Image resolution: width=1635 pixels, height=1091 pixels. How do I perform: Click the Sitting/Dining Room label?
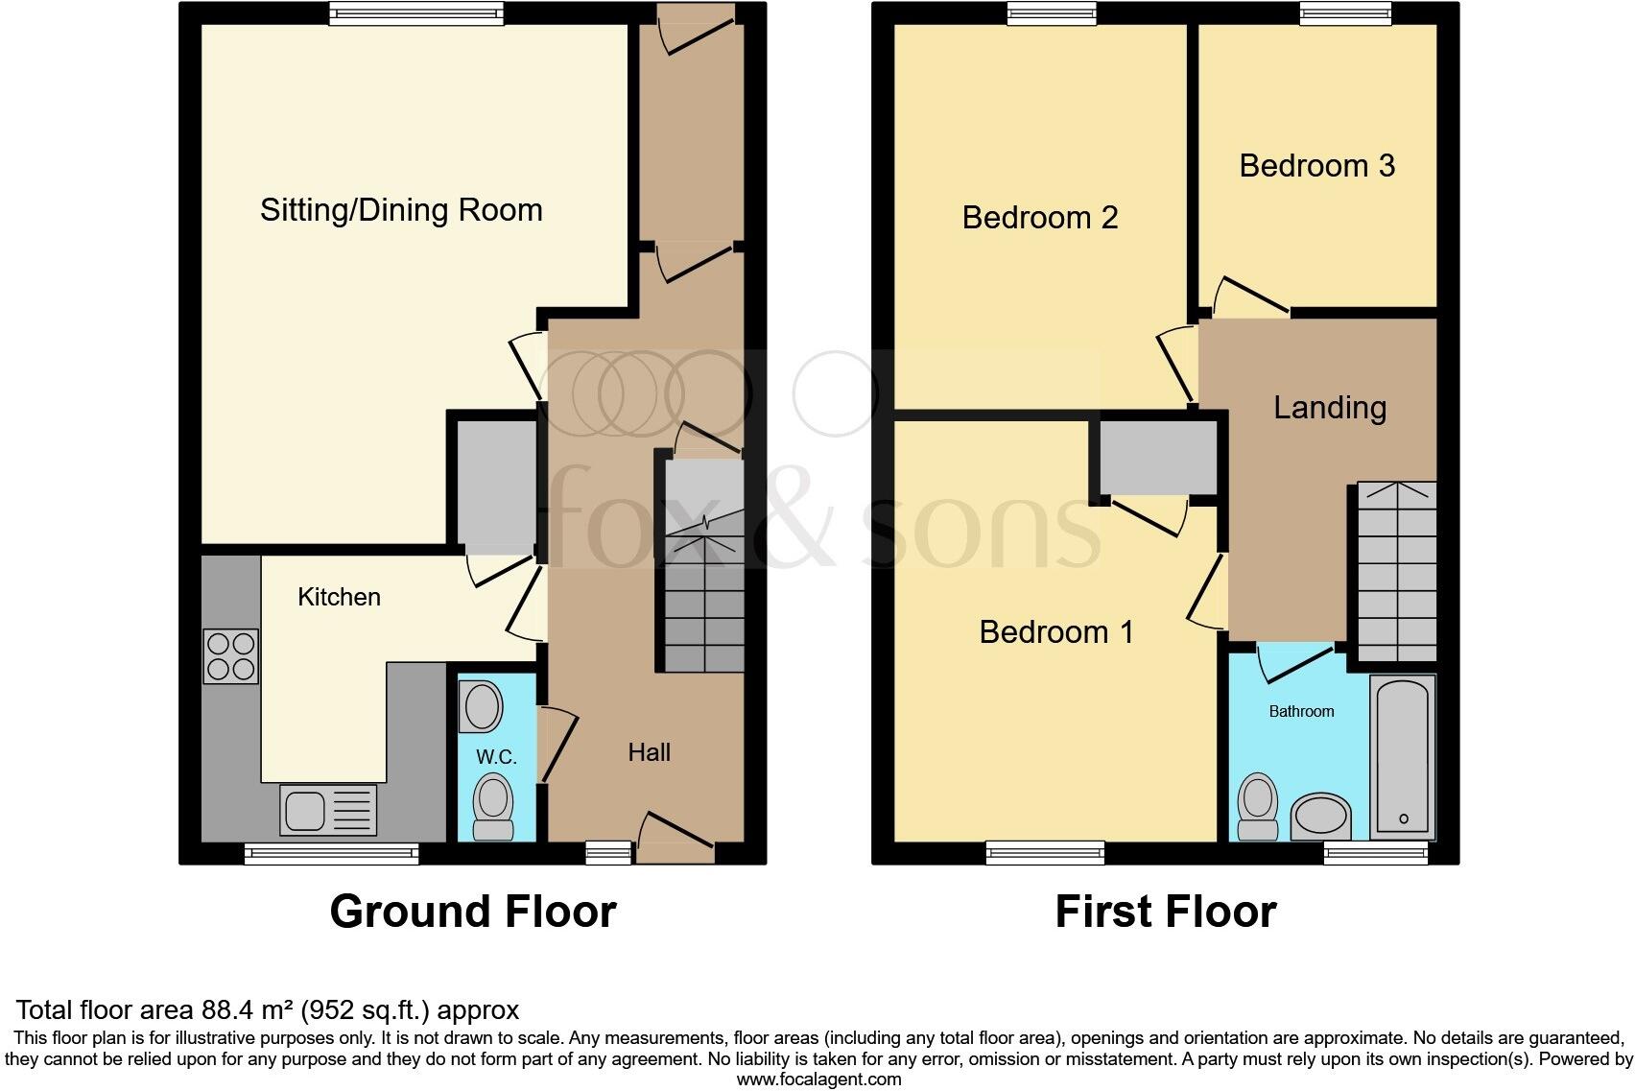coord(401,210)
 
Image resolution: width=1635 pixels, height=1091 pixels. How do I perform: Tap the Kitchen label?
coord(339,597)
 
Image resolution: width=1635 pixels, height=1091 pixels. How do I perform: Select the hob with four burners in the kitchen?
coord(230,656)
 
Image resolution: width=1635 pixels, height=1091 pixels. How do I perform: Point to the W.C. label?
coord(496,756)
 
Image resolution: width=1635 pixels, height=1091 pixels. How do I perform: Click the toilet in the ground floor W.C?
coord(494,809)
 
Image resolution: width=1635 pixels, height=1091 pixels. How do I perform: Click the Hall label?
coord(649,752)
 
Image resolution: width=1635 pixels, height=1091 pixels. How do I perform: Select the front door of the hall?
coord(676,836)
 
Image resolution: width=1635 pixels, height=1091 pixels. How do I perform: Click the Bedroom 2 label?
coord(1040,218)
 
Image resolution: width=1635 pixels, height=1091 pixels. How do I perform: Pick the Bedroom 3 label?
coord(1316,166)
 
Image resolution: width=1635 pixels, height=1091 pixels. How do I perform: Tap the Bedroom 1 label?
coord(1056,632)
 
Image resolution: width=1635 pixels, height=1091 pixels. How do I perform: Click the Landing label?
coord(1329,408)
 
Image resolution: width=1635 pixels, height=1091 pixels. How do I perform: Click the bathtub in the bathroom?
coord(1403,754)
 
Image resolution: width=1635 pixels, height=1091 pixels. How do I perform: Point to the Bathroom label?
coord(1301,711)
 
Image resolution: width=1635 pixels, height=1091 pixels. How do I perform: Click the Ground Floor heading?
coord(472,911)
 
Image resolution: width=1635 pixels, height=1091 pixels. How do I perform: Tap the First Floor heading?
coord(1165,911)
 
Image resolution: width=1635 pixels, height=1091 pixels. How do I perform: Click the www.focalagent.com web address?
coord(818,1079)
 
